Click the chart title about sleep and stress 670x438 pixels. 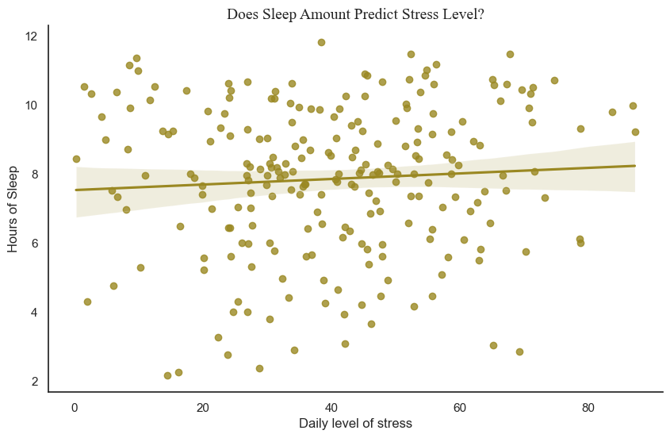pyautogui.click(x=355, y=13)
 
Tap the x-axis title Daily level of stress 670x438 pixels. pyautogui.click(x=355, y=423)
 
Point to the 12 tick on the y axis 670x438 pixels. pyautogui.click(x=32, y=36)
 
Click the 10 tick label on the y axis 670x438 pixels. pyautogui.click(x=32, y=106)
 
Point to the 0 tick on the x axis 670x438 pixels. pyautogui.click(x=75, y=405)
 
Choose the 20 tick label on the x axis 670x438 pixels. pyautogui.click(x=203, y=405)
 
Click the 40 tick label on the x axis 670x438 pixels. pyautogui.click(x=331, y=405)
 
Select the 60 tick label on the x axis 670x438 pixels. pyautogui.click(x=460, y=405)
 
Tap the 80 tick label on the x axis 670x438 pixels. pyautogui.click(x=588, y=405)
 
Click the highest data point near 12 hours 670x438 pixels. pyautogui.click(x=321, y=42)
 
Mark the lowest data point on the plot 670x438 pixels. pyautogui.click(x=167, y=375)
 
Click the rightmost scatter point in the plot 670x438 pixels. pyautogui.click(x=635, y=132)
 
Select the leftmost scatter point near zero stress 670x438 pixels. pyautogui.click(x=76, y=159)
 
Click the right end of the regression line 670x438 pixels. pyautogui.click(x=634, y=166)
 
